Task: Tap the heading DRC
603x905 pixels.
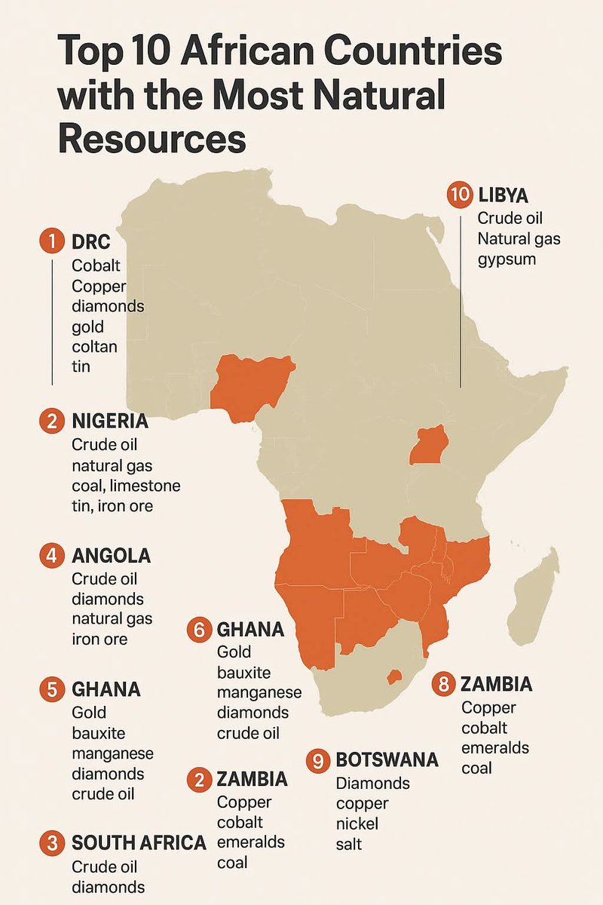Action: (91, 242)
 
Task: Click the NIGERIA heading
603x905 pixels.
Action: (109, 421)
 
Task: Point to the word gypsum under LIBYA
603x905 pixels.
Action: (506, 259)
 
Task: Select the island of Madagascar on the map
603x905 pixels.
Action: (534, 596)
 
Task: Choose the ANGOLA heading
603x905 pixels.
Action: (111, 557)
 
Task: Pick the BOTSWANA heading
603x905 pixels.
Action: (387, 759)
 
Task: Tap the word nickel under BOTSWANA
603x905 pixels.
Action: (357, 824)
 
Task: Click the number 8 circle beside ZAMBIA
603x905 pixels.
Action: (443, 685)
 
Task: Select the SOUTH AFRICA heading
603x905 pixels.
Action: (138, 842)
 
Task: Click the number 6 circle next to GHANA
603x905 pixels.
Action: (199, 630)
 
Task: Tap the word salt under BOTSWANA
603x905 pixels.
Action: (349, 844)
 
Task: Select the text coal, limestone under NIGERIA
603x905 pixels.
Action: (126, 485)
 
